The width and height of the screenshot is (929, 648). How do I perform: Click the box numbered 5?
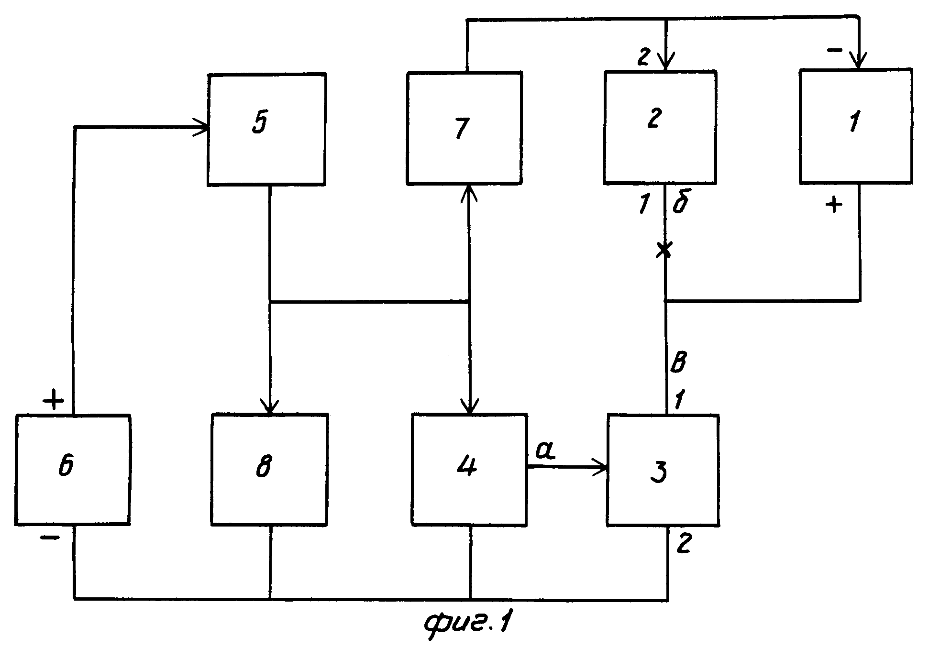266,129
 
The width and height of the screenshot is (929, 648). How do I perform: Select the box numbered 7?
464,128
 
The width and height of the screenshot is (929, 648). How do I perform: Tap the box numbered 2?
660,127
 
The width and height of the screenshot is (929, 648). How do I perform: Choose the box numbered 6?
72,470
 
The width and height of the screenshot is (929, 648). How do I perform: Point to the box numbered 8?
270,470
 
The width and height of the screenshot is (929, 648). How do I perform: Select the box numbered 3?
663,471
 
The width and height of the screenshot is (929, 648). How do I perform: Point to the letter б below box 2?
681,203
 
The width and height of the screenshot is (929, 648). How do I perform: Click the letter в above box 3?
678,363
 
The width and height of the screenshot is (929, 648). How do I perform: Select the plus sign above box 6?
54,400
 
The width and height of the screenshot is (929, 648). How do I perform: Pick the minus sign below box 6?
50,538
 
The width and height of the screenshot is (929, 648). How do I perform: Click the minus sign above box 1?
835,50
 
